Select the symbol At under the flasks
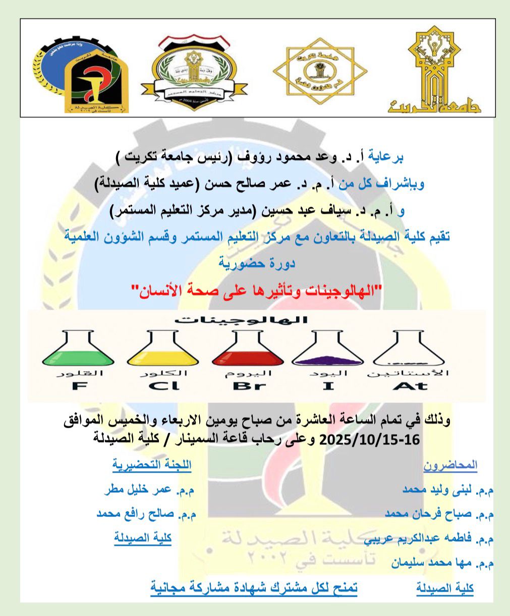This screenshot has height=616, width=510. point(410,386)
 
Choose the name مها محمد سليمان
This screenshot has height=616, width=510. point(442,563)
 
